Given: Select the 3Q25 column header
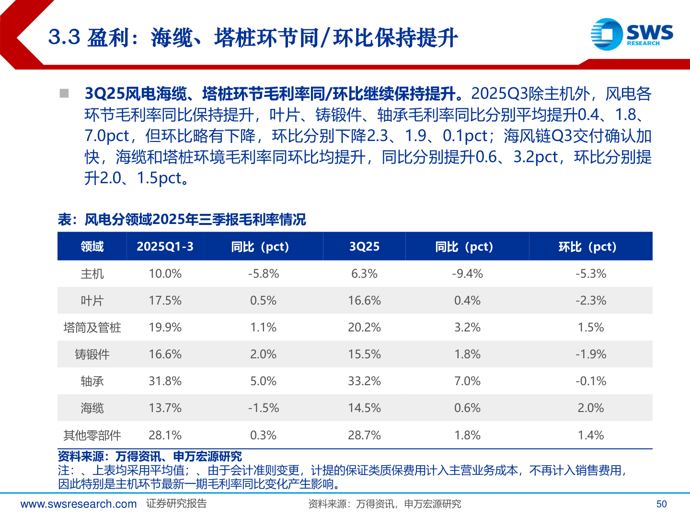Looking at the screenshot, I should [364, 247].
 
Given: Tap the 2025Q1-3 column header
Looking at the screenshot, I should [165, 247].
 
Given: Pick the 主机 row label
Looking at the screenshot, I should [92, 274].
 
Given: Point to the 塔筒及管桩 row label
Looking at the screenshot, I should [92, 328].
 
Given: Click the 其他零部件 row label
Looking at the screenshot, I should [92, 436].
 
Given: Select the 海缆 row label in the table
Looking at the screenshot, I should [92, 408].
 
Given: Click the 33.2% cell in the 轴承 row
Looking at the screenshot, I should [364, 381].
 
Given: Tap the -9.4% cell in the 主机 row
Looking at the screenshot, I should [467, 274].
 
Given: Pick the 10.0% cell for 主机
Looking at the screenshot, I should [165, 274].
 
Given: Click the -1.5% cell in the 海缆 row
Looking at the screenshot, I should [263, 408].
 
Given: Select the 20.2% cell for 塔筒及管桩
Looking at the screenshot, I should [364, 328].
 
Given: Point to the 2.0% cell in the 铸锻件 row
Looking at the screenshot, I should [263, 354].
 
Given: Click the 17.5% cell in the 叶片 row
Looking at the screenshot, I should [165, 301].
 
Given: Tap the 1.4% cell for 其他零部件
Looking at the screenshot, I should [591, 436].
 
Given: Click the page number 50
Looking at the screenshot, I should [661, 504].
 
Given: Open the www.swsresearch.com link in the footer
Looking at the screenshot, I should [79, 504].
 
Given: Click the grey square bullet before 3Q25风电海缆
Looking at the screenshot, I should [64, 93].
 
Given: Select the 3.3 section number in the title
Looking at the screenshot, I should [64, 37].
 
